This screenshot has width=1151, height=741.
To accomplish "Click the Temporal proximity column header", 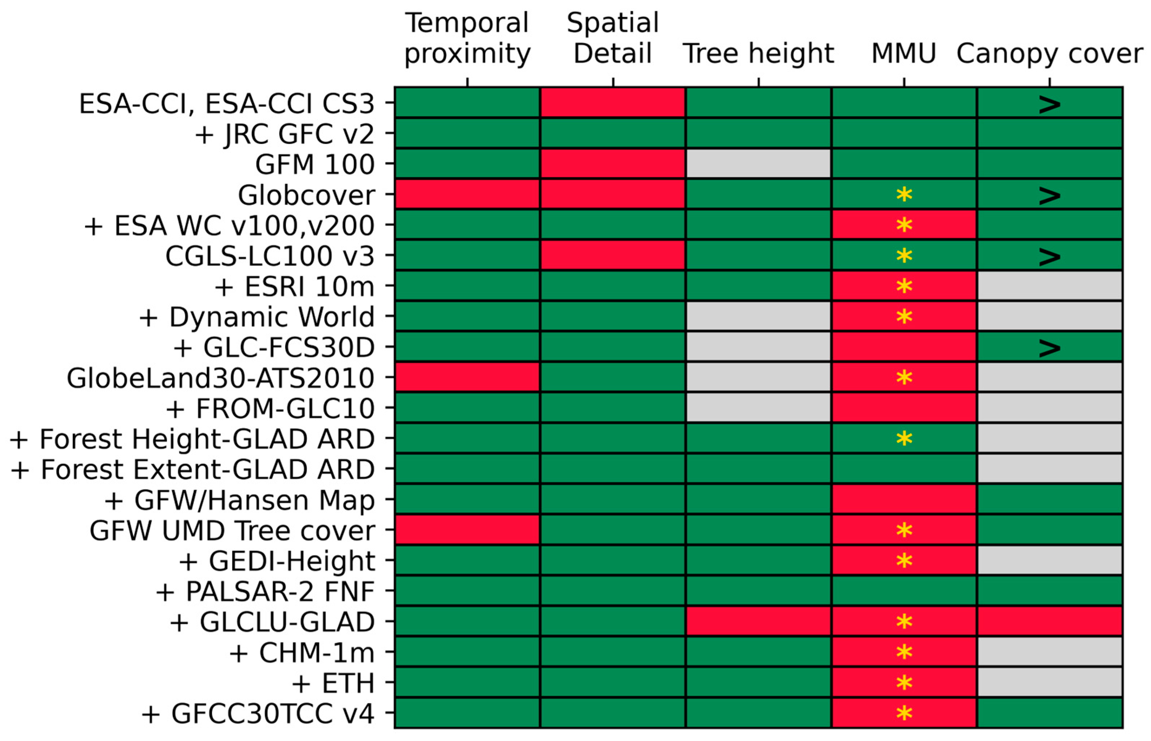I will (467, 38).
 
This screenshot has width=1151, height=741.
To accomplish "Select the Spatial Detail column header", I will (612, 38).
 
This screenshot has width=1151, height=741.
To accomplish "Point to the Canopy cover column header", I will (1049, 53).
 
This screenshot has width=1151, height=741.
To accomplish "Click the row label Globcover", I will (306, 195).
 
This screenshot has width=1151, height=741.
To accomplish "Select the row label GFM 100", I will (314, 165).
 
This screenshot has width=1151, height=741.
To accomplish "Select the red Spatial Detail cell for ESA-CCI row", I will (612, 103).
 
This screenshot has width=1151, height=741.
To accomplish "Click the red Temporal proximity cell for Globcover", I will (467, 194).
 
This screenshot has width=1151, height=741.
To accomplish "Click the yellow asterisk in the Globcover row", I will (904, 195).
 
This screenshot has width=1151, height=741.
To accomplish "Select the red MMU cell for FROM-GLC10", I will (904, 408).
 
